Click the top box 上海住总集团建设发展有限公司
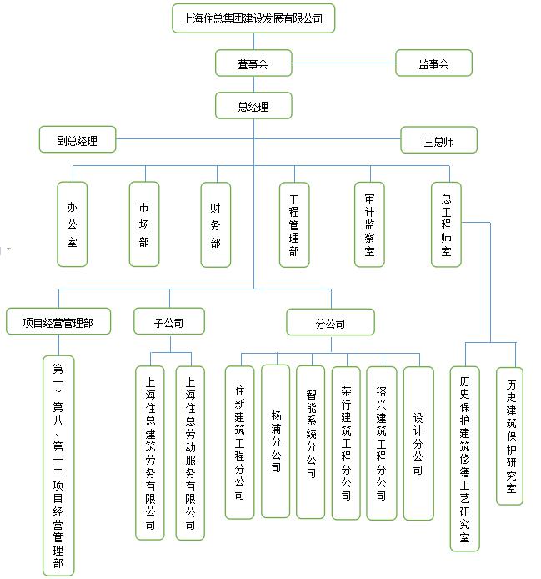click(x=253, y=18)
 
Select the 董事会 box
click(x=253, y=63)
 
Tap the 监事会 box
click(x=433, y=63)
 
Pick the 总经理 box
click(x=253, y=106)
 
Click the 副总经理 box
click(x=78, y=139)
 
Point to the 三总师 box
click(x=438, y=140)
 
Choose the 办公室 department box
click(x=72, y=224)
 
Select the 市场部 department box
click(x=144, y=224)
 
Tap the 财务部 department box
click(x=216, y=224)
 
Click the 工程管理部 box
click(x=294, y=224)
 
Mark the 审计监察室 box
click(x=369, y=224)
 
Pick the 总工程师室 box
click(x=446, y=224)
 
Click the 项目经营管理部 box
click(x=58, y=322)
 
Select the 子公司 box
click(x=169, y=322)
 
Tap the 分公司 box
click(x=331, y=322)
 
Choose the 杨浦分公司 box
click(x=276, y=441)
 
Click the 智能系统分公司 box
click(x=311, y=442)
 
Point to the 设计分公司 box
click(x=418, y=444)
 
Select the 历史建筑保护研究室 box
click(x=509, y=436)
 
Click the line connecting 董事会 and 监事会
click(x=344, y=63)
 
